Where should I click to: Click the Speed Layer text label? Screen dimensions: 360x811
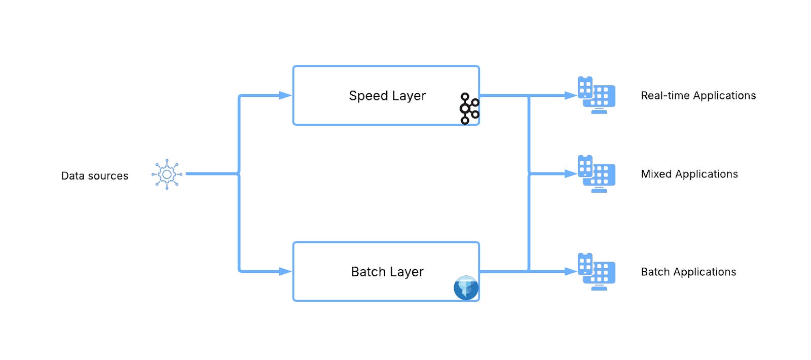pyautogui.click(x=387, y=96)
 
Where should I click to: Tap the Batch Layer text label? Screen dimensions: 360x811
pyautogui.click(x=387, y=272)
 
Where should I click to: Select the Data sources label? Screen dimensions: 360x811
pyautogui.click(x=95, y=176)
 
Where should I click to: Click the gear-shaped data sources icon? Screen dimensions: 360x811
pyautogui.click(x=167, y=174)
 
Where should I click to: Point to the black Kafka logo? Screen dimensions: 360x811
pyautogui.click(x=469, y=109)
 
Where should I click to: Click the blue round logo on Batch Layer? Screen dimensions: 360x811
pyautogui.click(x=466, y=288)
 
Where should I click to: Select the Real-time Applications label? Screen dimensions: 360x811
pyautogui.click(x=698, y=96)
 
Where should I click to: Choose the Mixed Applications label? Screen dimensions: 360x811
pyautogui.click(x=689, y=174)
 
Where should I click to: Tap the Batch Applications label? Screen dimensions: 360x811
pyautogui.click(x=688, y=272)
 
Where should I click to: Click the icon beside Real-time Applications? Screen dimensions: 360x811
pyautogui.click(x=597, y=95)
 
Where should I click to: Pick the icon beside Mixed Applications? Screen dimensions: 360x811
pyautogui.click(x=597, y=173)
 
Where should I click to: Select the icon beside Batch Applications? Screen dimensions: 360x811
pyautogui.click(x=597, y=271)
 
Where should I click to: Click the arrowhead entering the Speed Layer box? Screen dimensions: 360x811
pyautogui.click(x=285, y=95)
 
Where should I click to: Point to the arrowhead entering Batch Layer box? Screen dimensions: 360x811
pyautogui.click(x=285, y=271)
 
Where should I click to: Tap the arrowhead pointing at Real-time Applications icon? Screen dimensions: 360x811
pyautogui.click(x=571, y=95)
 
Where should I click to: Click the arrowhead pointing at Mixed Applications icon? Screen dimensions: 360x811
pyautogui.click(x=571, y=174)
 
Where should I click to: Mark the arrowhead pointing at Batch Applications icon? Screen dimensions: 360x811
pyautogui.click(x=571, y=271)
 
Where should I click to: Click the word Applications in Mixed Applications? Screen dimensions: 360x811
pyautogui.click(x=707, y=174)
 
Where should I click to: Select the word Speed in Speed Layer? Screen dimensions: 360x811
pyautogui.click(x=368, y=96)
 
